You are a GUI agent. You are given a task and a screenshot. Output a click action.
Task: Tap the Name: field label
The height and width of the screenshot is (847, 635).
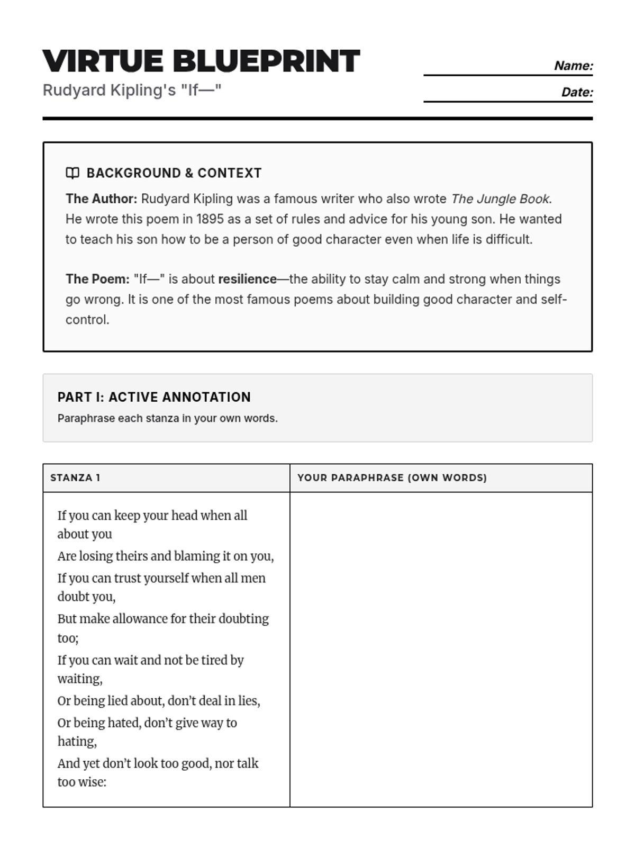(x=574, y=66)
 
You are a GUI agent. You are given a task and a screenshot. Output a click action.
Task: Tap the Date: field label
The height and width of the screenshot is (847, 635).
(x=577, y=92)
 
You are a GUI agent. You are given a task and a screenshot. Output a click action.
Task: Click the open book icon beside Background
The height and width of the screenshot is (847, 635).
(x=72, y=173)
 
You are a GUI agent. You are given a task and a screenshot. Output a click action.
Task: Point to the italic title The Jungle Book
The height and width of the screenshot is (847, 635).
(x=500, y=199)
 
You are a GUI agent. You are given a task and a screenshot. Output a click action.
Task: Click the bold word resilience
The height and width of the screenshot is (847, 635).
(x=247, y=279)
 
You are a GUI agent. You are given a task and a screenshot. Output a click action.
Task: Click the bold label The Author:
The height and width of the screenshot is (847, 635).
(x=101, y=199)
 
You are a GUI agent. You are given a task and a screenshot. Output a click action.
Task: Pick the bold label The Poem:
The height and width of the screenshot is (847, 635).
(x=97, y=279)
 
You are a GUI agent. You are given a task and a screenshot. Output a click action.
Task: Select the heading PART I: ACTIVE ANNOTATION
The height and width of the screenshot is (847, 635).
(x=154, y=397)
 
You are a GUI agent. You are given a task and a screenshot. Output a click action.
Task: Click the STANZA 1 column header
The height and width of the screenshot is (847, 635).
(x=75, y=477)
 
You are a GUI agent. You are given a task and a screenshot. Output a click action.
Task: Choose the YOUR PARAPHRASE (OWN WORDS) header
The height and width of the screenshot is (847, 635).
(x=392, y=477)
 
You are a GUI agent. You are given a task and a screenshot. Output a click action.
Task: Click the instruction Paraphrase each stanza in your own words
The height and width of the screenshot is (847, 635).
(x=167, y=418)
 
